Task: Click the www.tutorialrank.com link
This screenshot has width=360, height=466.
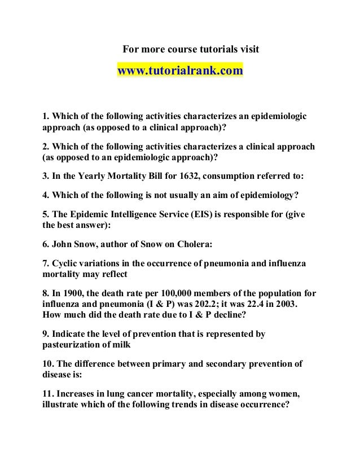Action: click(x=180, y=72)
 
